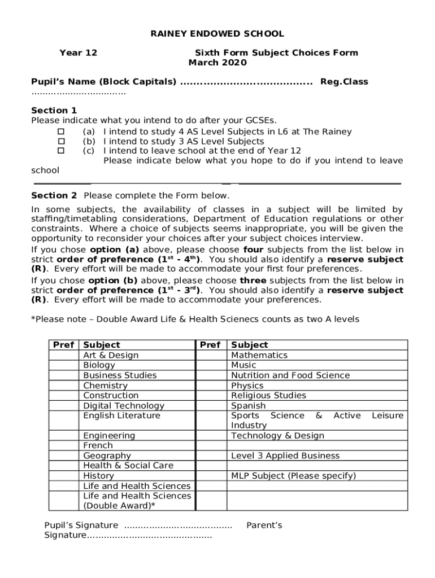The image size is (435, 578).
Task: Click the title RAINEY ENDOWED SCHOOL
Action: [x=217, y=34]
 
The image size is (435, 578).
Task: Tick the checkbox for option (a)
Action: [x=62, y=132]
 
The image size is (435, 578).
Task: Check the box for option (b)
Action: [x=62, y=141]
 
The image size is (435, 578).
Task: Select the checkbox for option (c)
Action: [x=62, y=151]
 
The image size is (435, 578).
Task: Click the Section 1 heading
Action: [x=54, y=110]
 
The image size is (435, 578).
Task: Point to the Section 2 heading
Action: [x=54, y=195]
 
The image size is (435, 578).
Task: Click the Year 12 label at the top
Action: [x=78, y=52]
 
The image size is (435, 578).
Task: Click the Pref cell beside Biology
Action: [x=63, y=365]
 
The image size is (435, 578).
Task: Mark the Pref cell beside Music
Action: [x=211, y=365]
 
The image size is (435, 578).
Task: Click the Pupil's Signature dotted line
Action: [x=177, y=526]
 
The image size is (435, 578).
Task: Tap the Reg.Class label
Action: [x=343, y=82]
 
